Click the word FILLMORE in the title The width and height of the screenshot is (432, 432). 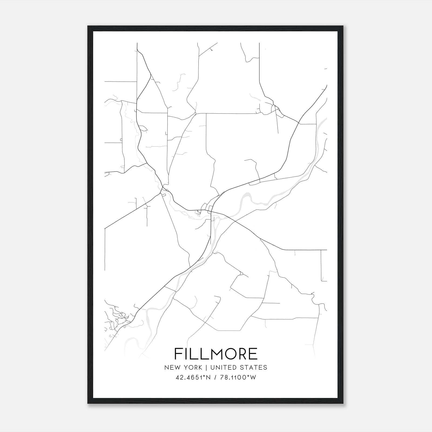coord(216,354)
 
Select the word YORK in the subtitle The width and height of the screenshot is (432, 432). coord(193,367)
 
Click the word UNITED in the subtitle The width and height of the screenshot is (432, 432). coord(222,367)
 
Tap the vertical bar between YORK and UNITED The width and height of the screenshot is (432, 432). coord(206,367)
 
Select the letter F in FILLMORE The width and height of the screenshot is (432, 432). coord(178,354)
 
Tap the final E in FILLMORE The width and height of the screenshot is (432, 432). coord(253,354)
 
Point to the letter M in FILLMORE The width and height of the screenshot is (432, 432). coord(212,354)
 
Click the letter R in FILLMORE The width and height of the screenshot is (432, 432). coord(241,354)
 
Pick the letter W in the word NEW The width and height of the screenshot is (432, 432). coord(179,367)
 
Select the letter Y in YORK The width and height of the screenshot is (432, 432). coord(186,367)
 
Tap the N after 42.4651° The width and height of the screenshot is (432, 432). coord(208,377)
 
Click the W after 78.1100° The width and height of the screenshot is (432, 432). coord(253,377)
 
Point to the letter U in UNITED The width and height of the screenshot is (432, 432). coord(212,367)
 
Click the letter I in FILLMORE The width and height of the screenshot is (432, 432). coord(186,354)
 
